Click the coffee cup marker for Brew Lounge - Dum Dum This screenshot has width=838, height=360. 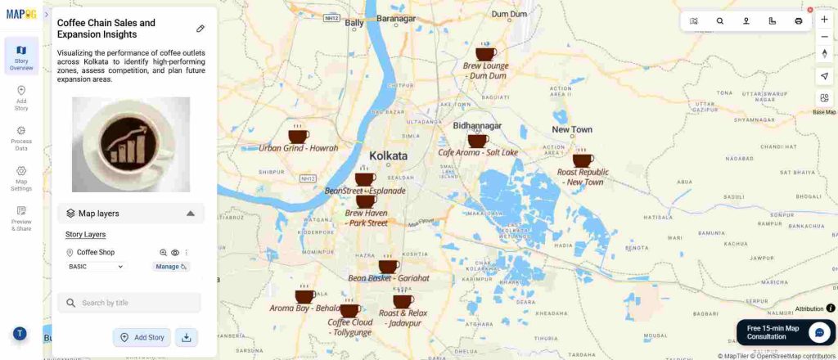click(485, 53)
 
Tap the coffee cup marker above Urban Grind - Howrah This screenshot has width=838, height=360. click(298, 136)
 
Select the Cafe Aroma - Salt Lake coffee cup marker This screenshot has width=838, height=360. click(478, 140)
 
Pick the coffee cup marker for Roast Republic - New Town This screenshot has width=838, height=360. click(583, 160)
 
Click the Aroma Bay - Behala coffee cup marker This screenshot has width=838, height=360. click(304, 295)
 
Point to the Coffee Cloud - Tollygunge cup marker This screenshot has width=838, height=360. click(349, 309)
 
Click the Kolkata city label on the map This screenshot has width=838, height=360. click(388, 155)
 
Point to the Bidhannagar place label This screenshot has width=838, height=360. click(477, 126)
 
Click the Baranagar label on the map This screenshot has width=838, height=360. click(396, 17)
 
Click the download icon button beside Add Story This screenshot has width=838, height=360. click(187, 337)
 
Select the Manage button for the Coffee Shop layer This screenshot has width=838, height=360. click(170, 267)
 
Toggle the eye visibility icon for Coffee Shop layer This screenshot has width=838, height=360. click(175, 253)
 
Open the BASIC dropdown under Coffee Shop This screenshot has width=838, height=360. click(97, 267)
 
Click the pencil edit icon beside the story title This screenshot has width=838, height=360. click(200, 29)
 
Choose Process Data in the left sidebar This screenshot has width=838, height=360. click(21, 138)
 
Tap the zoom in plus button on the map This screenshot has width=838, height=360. click(824, 19)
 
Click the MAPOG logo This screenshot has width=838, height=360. click(21, 14)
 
